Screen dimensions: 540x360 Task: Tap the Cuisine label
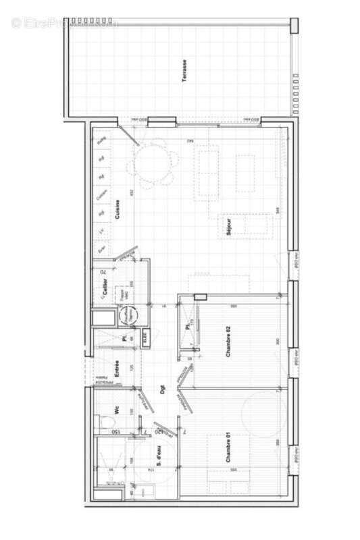pos(118,211)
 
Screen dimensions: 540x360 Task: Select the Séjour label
pos(230,227)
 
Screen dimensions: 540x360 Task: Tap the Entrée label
pos(116,369)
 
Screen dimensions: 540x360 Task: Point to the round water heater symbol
pos(126,315)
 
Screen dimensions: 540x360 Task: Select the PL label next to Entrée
pos(124,338)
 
